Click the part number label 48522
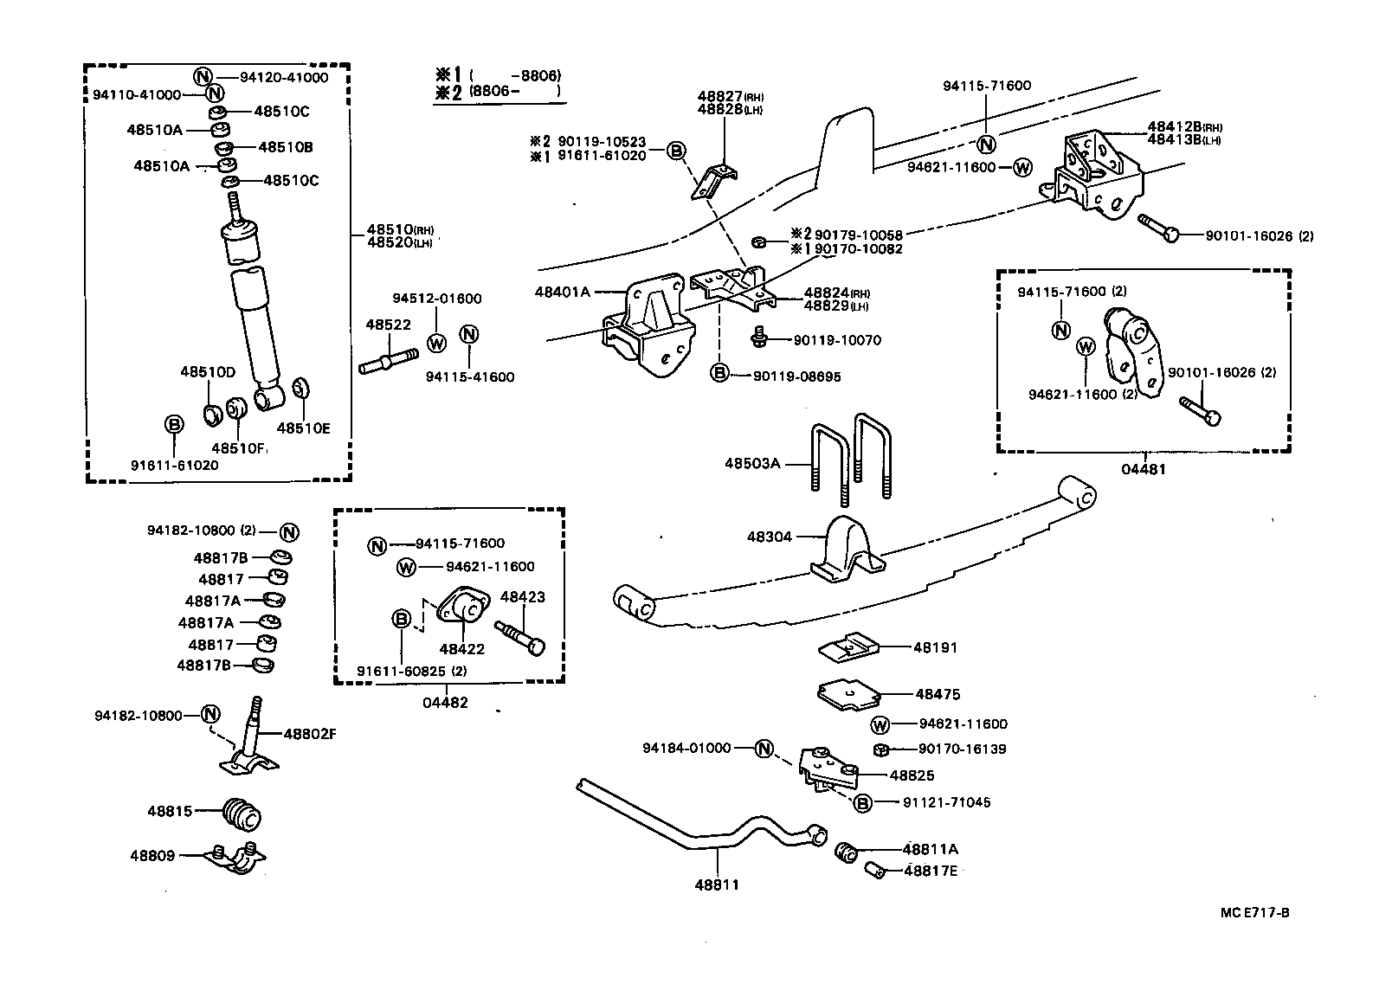[x=387, y=325]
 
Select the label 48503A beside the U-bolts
[x=751, y=464]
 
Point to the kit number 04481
[x=1144, y=469]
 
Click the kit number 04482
[x=445, y=702]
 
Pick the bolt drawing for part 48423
[x=519, y=635]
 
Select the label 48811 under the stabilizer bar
[x=716, y=884]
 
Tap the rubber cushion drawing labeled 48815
[x=242, y=814]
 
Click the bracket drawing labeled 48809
[x=235, y=857]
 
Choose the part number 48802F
[x=309, y=734]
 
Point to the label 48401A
[x=562, y=293]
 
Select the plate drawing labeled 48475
[x=849, y=694]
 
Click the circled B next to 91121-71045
[x=862, y=803]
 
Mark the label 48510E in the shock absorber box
[x=303, y=428]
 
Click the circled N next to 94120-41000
[x=203, y=76]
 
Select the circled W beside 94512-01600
[x=436, y=343]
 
